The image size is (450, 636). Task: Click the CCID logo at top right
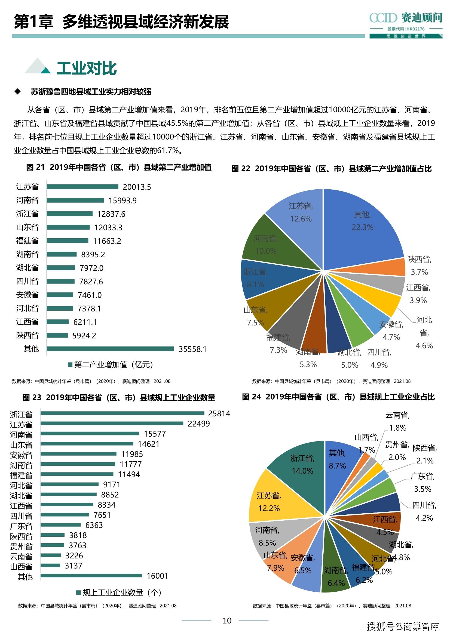pos(405,18)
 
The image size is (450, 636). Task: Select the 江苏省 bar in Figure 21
pos(82,187)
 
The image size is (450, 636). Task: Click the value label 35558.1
pos(192,349)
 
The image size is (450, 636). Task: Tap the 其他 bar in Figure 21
pos(110,349)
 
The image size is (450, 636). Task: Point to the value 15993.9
pos(123,200)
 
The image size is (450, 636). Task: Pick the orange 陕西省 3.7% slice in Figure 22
pos(394,267)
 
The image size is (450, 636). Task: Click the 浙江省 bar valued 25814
pos(122,413)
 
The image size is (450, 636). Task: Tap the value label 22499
pos(199,424)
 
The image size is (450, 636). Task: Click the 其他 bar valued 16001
pos(91,576)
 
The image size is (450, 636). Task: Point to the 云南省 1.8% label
pos(397,421)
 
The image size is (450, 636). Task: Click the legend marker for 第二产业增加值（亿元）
pos(71,365)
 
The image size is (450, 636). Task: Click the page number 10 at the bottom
pos(227,621)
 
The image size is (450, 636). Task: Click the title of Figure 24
pos(338,397)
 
